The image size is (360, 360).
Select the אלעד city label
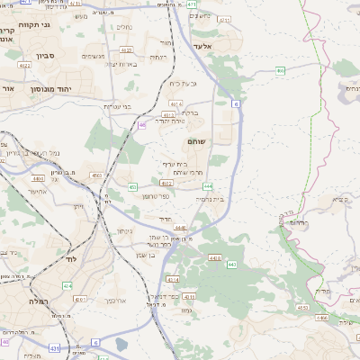pos(203,45)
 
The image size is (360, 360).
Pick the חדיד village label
pos(165,218)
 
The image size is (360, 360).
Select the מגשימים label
pos(94,57)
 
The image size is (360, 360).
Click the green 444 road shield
pos(207,185)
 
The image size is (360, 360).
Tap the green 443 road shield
pos(231,264)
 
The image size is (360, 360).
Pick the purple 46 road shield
pos(142,125)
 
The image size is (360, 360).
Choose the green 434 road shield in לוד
pos(67,285)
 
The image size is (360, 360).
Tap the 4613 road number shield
pos(171,115)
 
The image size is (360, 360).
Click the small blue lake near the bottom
pos(122,344)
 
